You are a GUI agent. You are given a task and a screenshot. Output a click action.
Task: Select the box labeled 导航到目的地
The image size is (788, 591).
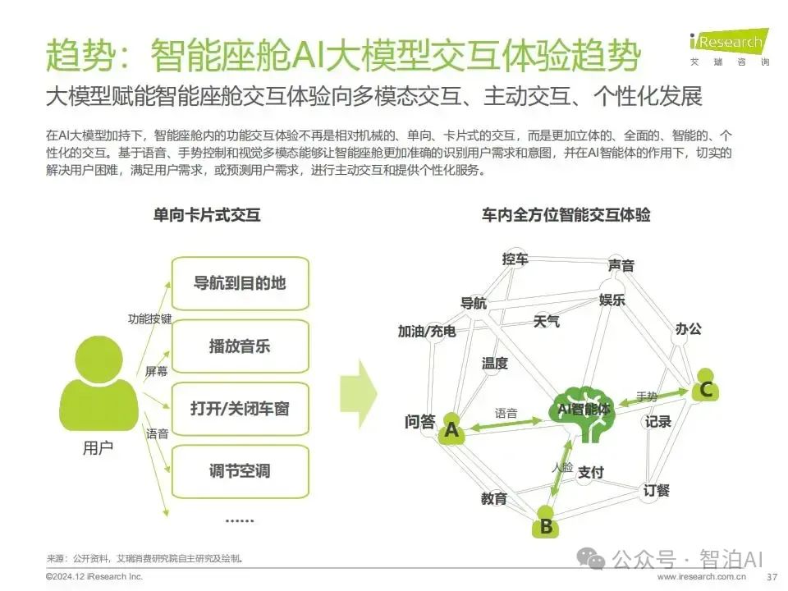[240, 283]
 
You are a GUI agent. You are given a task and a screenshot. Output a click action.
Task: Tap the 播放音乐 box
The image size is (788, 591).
[240, 346]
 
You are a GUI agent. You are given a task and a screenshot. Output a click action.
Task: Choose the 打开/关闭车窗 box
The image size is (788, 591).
[240, 408]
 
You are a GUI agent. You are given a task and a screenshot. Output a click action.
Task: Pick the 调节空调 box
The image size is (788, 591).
[240, 471]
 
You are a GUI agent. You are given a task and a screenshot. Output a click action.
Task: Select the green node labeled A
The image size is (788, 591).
[451, 429]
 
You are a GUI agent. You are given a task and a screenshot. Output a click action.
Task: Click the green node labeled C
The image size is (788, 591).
[706, 388]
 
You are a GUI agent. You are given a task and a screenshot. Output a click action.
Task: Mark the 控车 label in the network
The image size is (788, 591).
[515, 259]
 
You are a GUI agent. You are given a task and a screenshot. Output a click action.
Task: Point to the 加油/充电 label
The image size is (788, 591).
[427, 331]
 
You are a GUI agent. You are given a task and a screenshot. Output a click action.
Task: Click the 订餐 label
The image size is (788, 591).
[657, 490]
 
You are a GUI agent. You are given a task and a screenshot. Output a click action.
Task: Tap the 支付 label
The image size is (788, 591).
[590, 472]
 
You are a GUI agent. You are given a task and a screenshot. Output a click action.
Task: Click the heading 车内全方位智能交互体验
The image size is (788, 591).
[566, 215]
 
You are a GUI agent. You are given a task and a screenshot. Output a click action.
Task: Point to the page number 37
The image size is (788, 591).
[771, 578]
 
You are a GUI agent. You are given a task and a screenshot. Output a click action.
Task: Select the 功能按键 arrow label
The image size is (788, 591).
[150, 318]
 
